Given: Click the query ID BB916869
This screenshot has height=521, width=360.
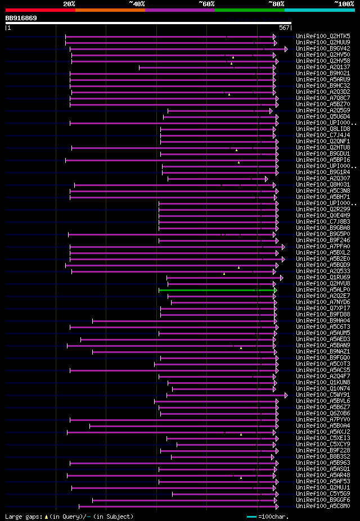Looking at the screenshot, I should (x=21, y=19).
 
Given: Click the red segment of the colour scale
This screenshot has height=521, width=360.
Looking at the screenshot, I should (x=40, y=10).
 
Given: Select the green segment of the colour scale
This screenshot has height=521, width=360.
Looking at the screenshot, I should (x=249, y=10).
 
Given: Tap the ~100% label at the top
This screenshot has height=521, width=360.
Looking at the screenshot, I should (x=344, y=4).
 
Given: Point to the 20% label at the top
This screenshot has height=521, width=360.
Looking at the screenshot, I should (x=69, y=4).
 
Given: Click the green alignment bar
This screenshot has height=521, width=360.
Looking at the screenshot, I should (x=217, y=290).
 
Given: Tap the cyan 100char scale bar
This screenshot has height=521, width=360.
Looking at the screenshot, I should (x=251, y=516).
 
